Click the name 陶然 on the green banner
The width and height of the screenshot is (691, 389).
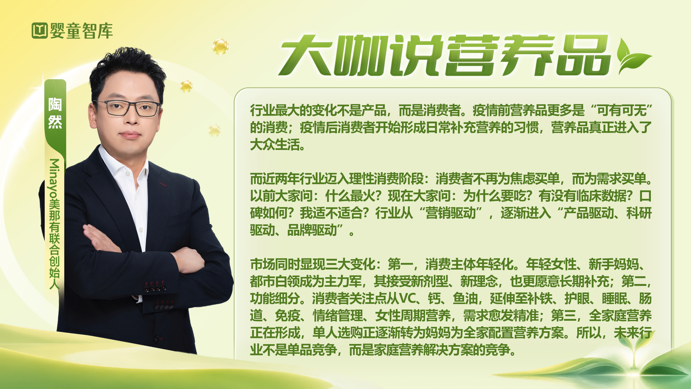click(55, 113)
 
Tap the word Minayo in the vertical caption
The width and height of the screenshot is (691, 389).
click(54, 178)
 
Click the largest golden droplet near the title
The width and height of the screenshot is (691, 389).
click(220, 47)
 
